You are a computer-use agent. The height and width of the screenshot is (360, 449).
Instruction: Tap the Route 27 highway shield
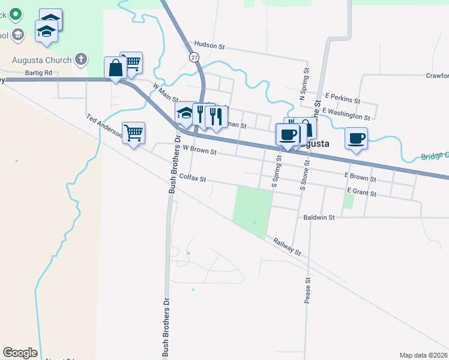click(x=193, y=56)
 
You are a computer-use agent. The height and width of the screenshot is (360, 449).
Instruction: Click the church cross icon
click(x=82, y=60)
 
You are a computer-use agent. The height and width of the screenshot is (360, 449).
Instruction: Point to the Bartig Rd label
click(x=39, y=73)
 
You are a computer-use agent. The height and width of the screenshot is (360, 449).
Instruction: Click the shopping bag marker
click(x=115, y=68)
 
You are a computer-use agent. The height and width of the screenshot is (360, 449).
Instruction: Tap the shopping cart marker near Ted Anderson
click(x=133, y=133)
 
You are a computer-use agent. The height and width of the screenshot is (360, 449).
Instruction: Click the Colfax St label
click(x=192, y=179)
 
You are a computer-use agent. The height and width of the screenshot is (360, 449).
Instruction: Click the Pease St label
click(x=307, y=290)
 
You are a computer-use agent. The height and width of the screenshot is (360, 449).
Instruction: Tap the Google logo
click(x=20, y=353)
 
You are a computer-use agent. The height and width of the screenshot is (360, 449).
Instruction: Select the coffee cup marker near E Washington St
click(x=356, y=139)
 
